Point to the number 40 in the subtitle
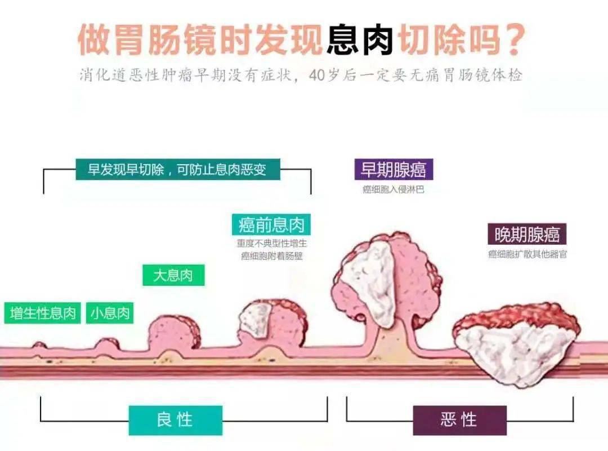317,76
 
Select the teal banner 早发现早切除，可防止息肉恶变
177,170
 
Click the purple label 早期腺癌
394,170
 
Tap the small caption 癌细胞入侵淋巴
393,189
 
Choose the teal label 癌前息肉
271,225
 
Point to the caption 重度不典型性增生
271,245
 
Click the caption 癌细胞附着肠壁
271,257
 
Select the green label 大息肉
173,276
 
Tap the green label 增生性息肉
43,313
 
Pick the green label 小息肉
110,313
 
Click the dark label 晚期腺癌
527,234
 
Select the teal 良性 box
175,420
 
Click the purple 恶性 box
459,420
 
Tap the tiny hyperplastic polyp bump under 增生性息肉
39,345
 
